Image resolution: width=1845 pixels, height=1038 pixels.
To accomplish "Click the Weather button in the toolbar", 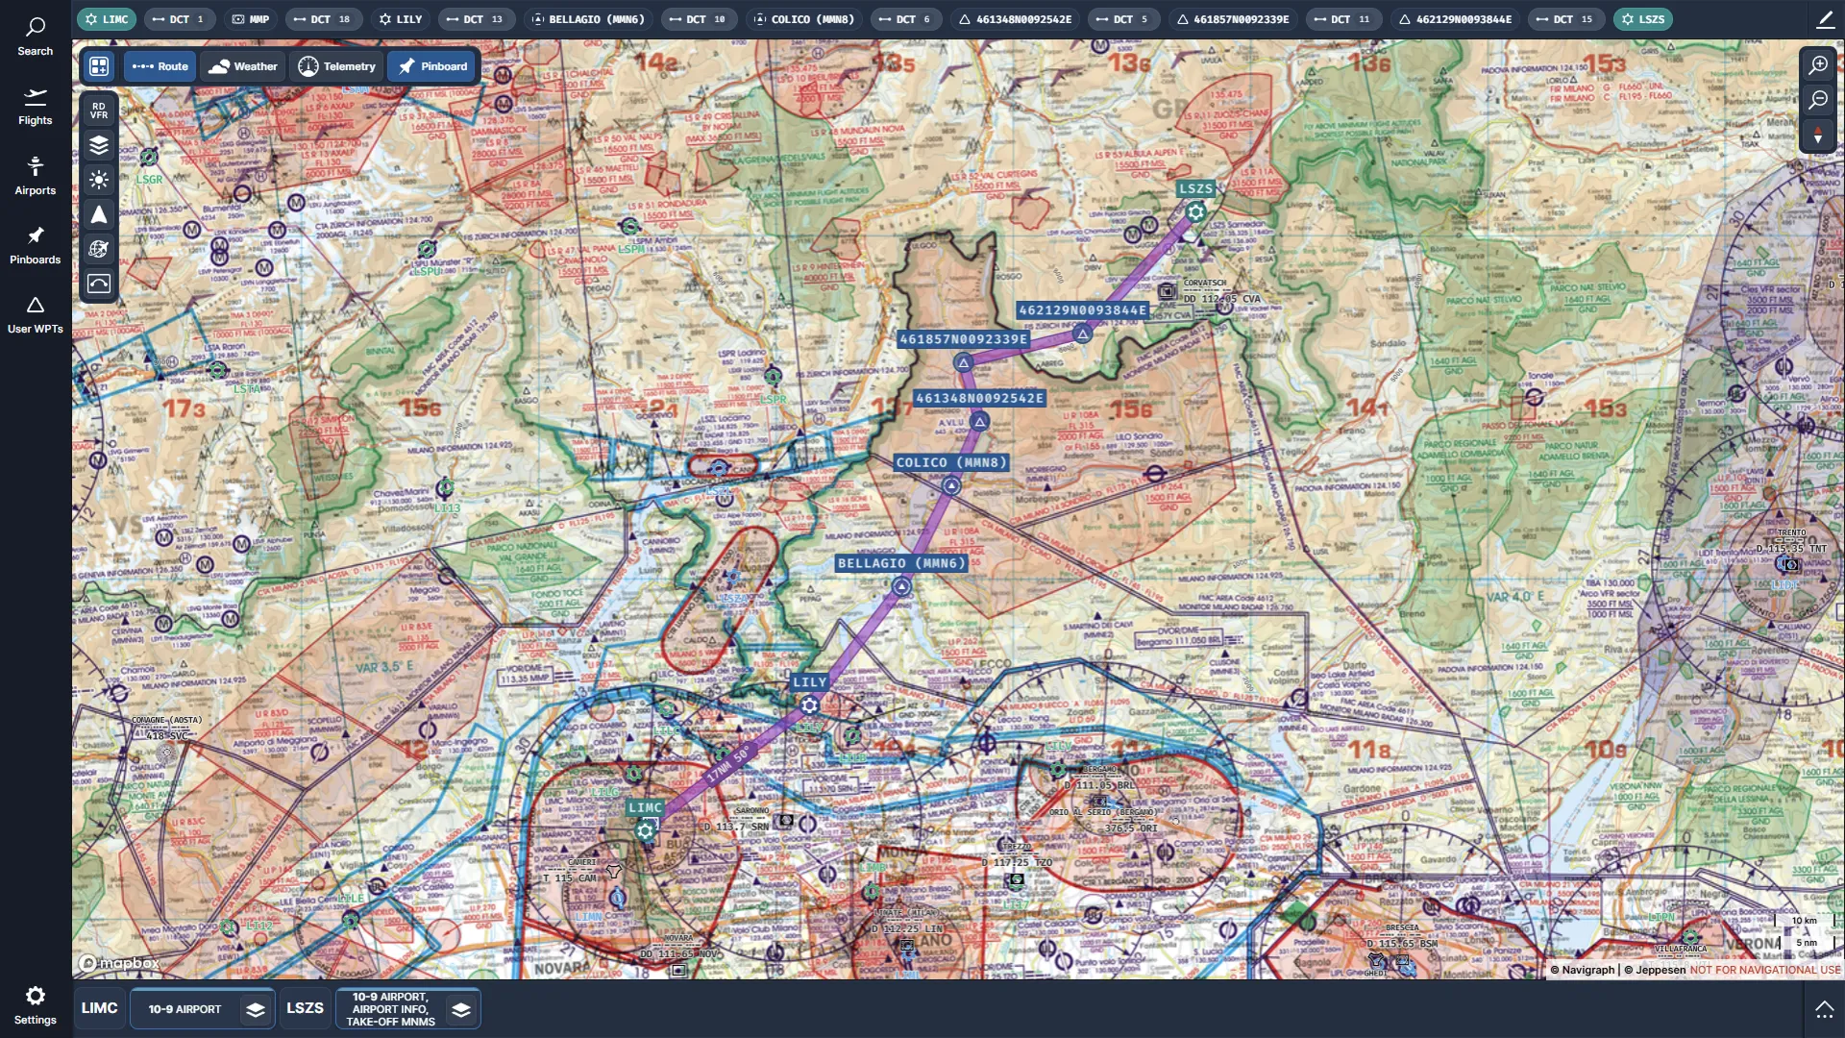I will coord(243,66).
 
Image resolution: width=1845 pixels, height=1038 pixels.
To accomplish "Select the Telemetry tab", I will coord(336,66).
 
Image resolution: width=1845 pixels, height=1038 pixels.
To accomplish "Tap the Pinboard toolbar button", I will coord(433,66).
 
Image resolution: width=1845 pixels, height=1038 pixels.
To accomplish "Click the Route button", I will coord(160,66).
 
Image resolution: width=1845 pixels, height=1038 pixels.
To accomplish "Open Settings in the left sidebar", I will coord(35,1004).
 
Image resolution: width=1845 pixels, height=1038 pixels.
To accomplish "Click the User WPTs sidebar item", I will coord(35,315).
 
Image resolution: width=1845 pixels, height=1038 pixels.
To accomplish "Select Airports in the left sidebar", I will coord(35,176).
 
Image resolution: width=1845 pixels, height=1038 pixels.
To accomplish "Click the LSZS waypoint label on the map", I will coord(1195,189).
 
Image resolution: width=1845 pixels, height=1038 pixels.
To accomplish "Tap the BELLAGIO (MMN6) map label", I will coord(900,563).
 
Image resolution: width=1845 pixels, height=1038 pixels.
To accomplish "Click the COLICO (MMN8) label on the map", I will coord(950,462).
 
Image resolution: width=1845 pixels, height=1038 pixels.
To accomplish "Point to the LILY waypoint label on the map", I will coord(809,681).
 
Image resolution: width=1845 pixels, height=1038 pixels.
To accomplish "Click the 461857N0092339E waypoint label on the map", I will coord(963,339).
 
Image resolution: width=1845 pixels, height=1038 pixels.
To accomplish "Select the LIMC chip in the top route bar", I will coord(107,19).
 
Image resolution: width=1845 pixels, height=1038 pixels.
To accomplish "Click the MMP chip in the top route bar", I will coord(251,19).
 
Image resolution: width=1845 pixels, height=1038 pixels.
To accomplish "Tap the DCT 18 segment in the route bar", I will coord(324,19).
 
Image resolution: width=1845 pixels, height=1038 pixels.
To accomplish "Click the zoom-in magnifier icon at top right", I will coord(1817,65).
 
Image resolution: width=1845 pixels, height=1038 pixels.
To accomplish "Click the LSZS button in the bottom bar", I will coord(305,1008).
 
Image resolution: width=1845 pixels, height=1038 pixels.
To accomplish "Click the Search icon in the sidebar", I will coord(35,37).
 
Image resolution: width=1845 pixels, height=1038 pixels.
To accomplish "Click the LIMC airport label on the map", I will coord(645,807).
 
